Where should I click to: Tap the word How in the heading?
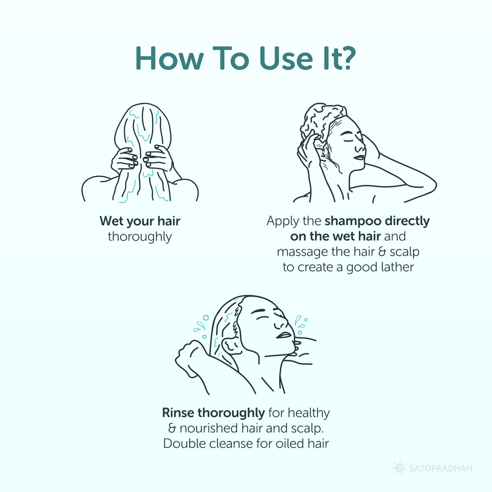pos(169,58)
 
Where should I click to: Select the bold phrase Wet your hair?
pos(140,221)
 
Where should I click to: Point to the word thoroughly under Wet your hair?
pos(140,237)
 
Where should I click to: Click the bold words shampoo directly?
pos(377,221)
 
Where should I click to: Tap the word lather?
pos(396,267)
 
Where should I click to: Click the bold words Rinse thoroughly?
pos(213,412)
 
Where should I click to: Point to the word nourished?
pos(207,428)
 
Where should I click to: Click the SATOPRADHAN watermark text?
pos(440,468)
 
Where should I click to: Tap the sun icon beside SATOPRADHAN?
pos(398,468)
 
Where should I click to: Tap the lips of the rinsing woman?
pos(284,334)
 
